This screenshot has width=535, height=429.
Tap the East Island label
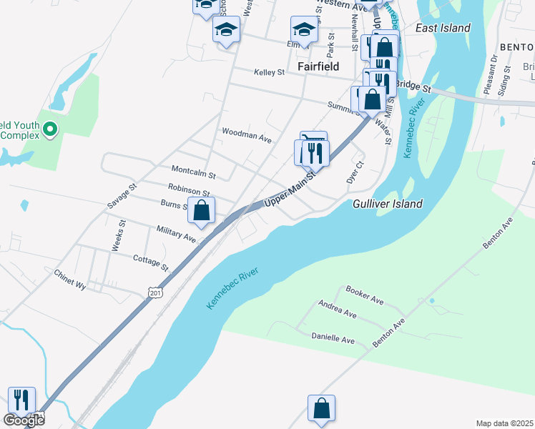point(443,28)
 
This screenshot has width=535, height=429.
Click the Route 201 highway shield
point(155,292)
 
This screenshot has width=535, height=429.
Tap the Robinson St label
point(189,189)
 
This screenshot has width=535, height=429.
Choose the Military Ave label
point(176,233)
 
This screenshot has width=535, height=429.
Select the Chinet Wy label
point(70,279)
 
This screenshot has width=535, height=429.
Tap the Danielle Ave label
point(333,338)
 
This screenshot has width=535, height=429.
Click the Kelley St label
point(270,72)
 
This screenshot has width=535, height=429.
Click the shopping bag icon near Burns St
point(202,211)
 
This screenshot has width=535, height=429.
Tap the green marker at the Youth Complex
point(49,129)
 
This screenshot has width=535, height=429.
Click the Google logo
point(23,420)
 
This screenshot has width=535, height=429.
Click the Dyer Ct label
point(355,172)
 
